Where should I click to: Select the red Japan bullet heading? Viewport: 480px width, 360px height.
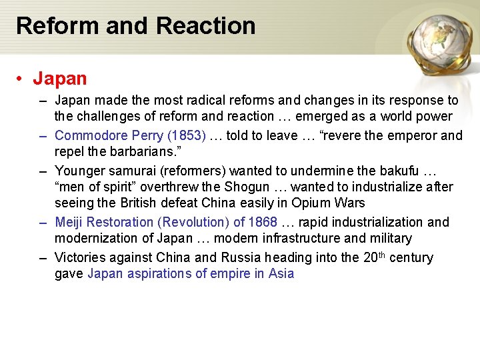click(60, 79)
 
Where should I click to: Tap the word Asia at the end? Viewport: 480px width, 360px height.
click(281, 273)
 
